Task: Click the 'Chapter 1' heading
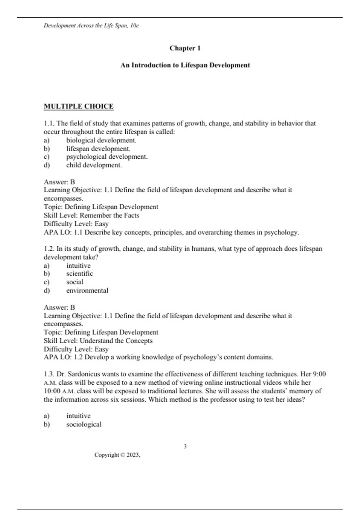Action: (x=185, y=48)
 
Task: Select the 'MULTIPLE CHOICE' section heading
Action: (x=79, y=106)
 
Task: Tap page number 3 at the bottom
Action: (x=185, y=446)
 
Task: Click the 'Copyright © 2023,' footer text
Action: (x=117, y=455)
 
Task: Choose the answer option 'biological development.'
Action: (x=101, y=140)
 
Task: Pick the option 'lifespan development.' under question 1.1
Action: (x=98, y=149)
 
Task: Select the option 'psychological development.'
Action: (x=107, y=157)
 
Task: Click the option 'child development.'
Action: (x=94, y=165)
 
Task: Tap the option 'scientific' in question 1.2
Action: (x=79, y=274)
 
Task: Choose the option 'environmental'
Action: (x=87, y=290)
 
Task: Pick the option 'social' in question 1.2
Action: (x=75, y=282)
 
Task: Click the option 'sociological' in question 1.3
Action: (x=84, y=424)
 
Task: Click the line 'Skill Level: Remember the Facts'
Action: (x=91, y=215)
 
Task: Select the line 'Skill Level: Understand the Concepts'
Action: (x=98, y=341)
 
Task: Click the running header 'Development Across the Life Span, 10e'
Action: (x=91, y=26)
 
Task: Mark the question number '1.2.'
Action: (x=49, y=249)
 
